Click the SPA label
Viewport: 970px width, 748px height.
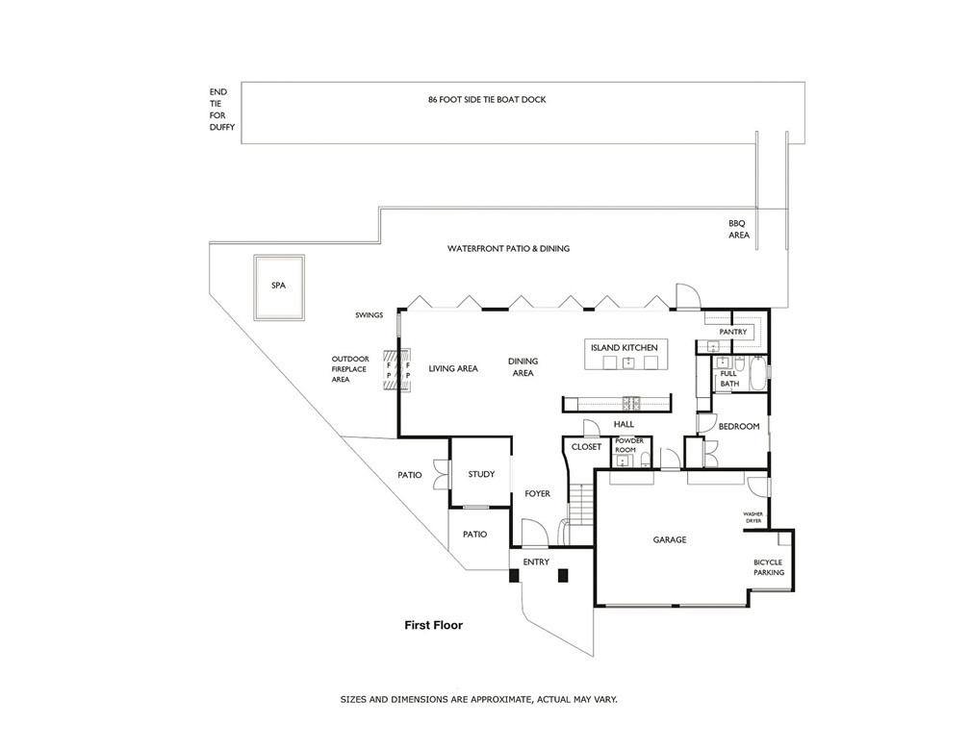(x=278, y=286)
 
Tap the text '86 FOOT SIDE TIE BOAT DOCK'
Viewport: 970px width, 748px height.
(x=487, y=99)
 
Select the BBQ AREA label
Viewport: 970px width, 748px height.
(x=737, y=228)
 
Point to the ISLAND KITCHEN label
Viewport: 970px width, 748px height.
(x=624, y=347)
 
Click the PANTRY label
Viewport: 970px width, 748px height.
(x=733, y=332)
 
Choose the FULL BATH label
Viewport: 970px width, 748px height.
(x=729, y=379)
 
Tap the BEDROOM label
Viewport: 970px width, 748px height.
(x=738, y=426)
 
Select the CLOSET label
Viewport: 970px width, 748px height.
(x=586, y=447)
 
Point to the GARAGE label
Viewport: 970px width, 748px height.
(x=670, y=540)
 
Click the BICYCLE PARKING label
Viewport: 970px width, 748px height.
(x=769, y=566)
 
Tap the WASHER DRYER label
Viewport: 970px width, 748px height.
(x=753, y=517)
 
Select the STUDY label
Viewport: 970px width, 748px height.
(x=481, y=474)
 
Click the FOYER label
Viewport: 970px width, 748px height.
(x=537, y=494)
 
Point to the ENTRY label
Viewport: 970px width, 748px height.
(x=536, y=561)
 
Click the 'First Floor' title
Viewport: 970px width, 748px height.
(x=433, y=625)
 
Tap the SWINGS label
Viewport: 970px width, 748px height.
(x=368, y=315)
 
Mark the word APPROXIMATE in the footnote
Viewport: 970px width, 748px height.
(x=498, y=699)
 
